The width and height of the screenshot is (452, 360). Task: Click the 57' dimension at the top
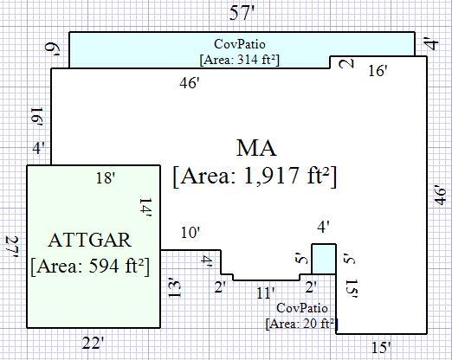tap(242, 13)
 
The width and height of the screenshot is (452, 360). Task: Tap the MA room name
tap(256, 148)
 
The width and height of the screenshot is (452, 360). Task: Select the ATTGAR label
tap(90, 241)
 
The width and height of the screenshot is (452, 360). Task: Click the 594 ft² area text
tap(116, 266)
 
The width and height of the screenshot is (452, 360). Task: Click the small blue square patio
tap(324, 259)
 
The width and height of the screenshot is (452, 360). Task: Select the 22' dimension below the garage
tap(93, 344)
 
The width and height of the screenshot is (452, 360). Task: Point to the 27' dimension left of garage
tap(13, 247)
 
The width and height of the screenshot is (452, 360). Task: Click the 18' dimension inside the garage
tap(106, 178)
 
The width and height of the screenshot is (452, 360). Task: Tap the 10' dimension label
tap(190, 233)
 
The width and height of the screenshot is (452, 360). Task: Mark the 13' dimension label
tap(174, 287)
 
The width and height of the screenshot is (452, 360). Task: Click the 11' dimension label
tap(266, 293)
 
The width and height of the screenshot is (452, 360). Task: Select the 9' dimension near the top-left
tap(53, 50)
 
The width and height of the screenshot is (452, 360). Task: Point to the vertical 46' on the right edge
tap(441, 195)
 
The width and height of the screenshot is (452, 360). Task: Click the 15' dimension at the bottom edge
tap(381, 347)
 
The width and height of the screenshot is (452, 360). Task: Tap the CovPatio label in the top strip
tap(240, 44)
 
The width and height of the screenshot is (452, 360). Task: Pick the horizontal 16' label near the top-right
tap(378, 71)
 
